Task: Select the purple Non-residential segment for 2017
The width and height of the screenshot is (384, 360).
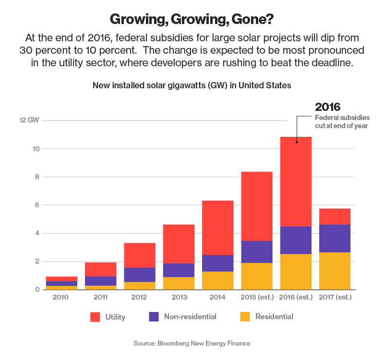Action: click(335, 238)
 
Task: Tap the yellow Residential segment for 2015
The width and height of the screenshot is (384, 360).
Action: click(257, 276)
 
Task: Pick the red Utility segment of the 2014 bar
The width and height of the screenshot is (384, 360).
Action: click(217, 228)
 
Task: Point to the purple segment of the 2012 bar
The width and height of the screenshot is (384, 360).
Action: click(139, 275)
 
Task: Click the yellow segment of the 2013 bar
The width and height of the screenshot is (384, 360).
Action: click(178, 283)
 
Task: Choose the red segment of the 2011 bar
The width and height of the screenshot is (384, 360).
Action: click(100, 269)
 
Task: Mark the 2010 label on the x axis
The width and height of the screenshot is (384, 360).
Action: click(61, 298)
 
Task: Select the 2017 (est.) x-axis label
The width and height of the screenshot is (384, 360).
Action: click(335, 298)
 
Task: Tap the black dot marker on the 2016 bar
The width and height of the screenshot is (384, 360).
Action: click(296, 142)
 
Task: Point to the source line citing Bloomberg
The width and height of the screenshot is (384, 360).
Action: click(192, 343)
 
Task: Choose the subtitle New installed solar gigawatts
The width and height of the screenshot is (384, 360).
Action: click(192, 85)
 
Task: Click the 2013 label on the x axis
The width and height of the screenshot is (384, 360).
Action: click(178, 298)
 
